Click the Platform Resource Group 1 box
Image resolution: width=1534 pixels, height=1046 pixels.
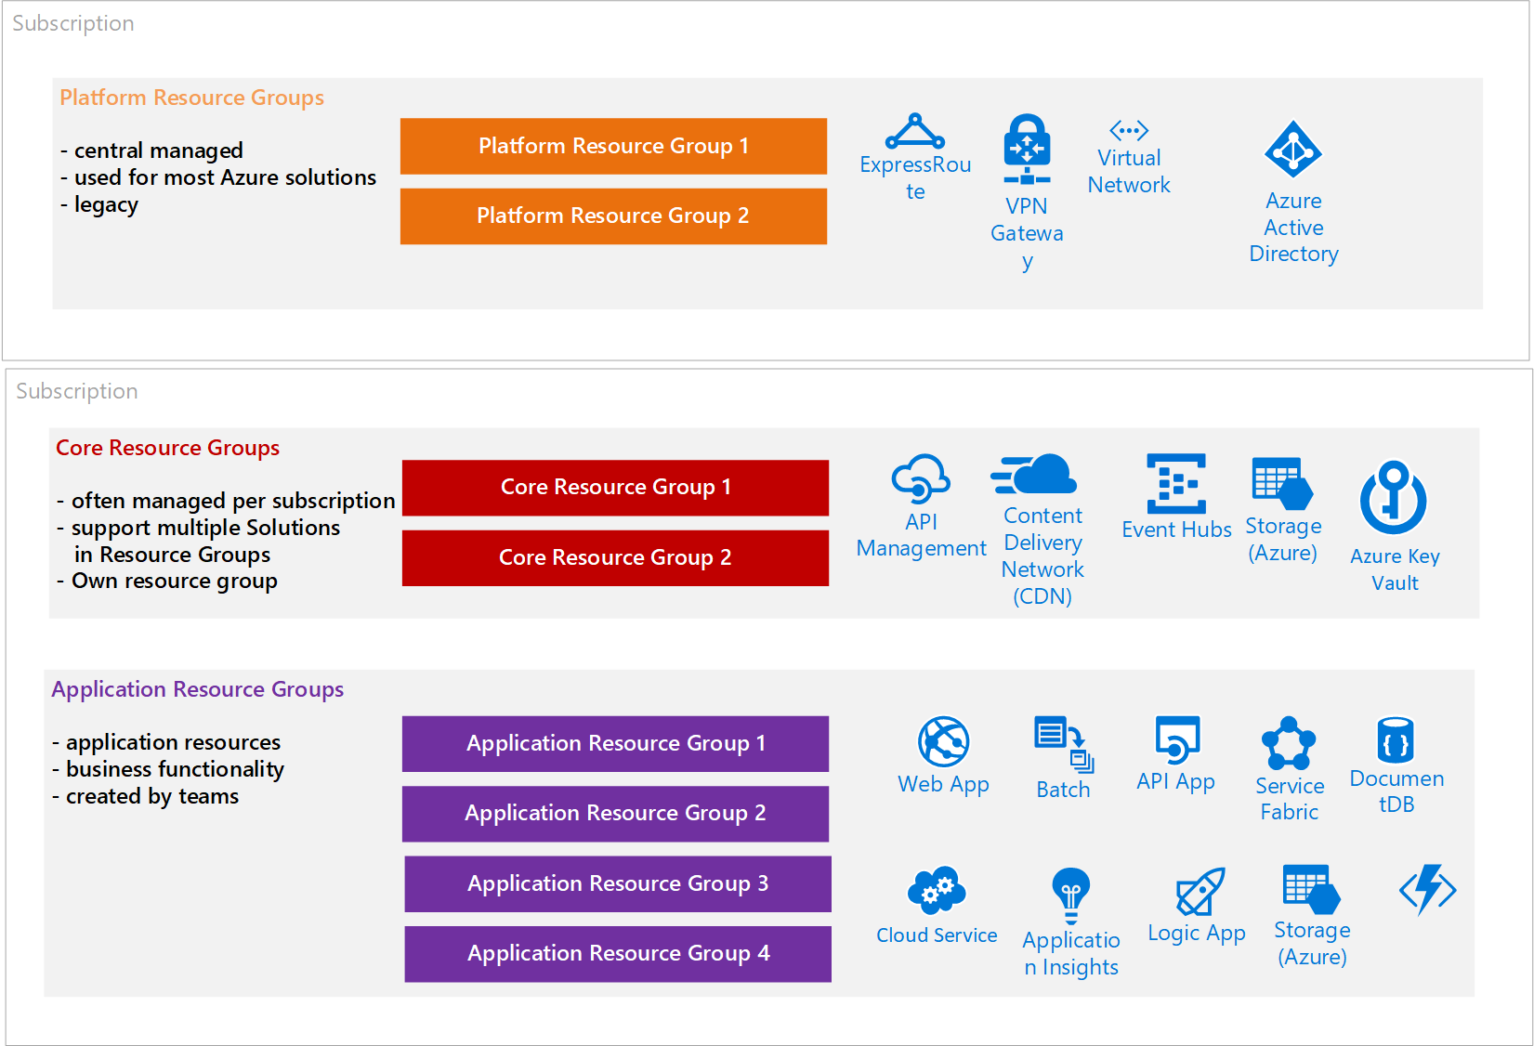[613, 146]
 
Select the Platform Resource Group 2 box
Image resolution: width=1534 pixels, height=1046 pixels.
[613, 216]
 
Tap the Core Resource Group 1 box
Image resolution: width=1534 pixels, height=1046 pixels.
[615, 488]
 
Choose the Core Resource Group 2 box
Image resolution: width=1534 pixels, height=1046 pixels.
[615, 557]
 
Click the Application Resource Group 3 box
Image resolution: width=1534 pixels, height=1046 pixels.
[618, 883]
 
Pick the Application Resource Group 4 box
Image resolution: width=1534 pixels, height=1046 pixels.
[618, 954]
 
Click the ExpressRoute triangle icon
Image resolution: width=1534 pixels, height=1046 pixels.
[915, 132]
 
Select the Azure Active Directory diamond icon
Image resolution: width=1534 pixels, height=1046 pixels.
[1293, 149]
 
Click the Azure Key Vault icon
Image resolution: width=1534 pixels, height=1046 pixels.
[1394, 498]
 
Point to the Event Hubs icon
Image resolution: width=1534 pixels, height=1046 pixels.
[1176, 483]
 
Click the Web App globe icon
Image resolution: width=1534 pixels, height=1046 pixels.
[944, 741]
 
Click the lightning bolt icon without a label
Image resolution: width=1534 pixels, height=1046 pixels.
[1428, 890]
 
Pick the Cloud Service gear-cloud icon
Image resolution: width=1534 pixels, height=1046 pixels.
[937, 890]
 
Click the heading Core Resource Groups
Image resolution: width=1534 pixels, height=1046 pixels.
[167, 448]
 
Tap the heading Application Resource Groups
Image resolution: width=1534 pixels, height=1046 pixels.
[197, 689]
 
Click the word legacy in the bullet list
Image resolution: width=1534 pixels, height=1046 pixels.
[106, 204]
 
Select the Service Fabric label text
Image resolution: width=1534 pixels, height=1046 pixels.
[1290, 799]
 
